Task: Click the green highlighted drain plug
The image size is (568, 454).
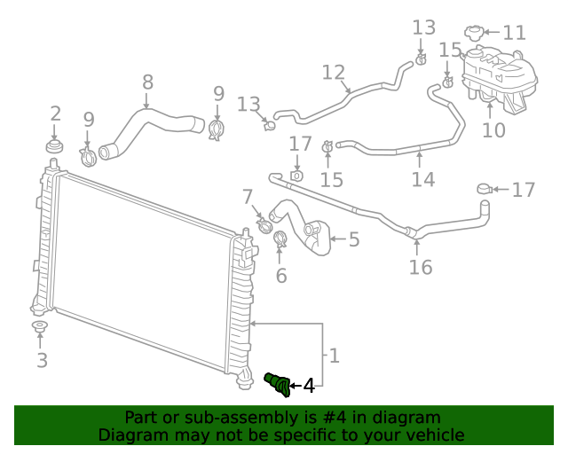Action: tap(278, 383)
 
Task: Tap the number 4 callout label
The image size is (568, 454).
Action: tap(308, 386)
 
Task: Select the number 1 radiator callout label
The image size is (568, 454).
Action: tap(334, 356)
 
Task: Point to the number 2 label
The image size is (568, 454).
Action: tap(55, 113)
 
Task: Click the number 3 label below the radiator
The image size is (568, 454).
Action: tap(42, 360)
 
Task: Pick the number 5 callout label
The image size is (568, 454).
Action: tap(353, 239)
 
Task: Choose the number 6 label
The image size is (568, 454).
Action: tap(281, 276)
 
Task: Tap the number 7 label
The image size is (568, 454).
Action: tap(248, 197)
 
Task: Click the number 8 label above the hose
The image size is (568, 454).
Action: tap(147, 82)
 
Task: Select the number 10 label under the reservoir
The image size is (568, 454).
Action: tap(493, 130)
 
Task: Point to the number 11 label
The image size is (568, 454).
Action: tap(514, 34)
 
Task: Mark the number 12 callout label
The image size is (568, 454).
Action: tap(333, 72)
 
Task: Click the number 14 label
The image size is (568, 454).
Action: tap(423, 179)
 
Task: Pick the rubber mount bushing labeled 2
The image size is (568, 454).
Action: tap(55, 145)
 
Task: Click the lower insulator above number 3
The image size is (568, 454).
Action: tap(40, 329)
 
